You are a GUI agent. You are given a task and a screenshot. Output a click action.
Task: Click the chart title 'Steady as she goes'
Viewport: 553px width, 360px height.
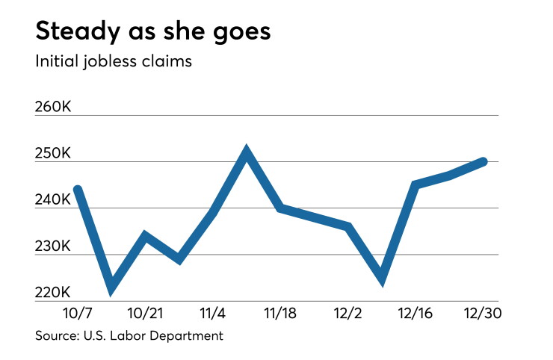click(153, 32)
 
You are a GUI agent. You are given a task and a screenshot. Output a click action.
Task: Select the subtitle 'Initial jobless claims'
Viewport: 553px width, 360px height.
click(114, 61)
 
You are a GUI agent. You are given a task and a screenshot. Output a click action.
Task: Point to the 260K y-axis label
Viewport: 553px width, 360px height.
click(53, 107)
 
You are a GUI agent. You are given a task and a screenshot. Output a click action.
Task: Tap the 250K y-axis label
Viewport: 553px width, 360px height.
click(53, 153)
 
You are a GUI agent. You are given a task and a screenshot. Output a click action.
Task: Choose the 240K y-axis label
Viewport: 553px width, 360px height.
click(53, 200)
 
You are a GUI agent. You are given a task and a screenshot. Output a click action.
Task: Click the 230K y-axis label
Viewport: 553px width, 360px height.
click(53, 246)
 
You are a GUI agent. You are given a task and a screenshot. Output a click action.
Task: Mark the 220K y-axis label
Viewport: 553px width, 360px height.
click(53, 293)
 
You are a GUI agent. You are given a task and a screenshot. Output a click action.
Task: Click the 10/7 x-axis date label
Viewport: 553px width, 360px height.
click(78, 313)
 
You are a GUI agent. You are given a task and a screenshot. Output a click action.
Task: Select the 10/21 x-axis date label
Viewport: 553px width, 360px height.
click(145, 313)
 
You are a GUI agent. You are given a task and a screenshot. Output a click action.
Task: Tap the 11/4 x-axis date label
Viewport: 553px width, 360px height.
click(213, 313)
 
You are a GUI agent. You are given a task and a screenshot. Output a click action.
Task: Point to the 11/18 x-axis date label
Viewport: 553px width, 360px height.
click(280, 313)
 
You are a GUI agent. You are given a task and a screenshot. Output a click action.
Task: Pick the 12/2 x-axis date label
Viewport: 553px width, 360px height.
click(347, 313)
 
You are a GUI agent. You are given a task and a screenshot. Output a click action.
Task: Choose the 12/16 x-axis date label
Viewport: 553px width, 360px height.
click(415, 313)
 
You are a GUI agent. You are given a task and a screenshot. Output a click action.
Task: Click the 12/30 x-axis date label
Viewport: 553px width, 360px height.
click(483, 313)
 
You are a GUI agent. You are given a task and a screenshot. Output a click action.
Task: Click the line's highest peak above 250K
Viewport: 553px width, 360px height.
click(247, 151)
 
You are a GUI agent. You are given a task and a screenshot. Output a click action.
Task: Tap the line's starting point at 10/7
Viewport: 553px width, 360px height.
click(78, 190)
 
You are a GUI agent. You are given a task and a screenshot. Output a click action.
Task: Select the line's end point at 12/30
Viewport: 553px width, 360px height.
click(484, 161)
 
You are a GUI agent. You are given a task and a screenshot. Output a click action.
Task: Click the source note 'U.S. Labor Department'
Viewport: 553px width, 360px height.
click(153, 335)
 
